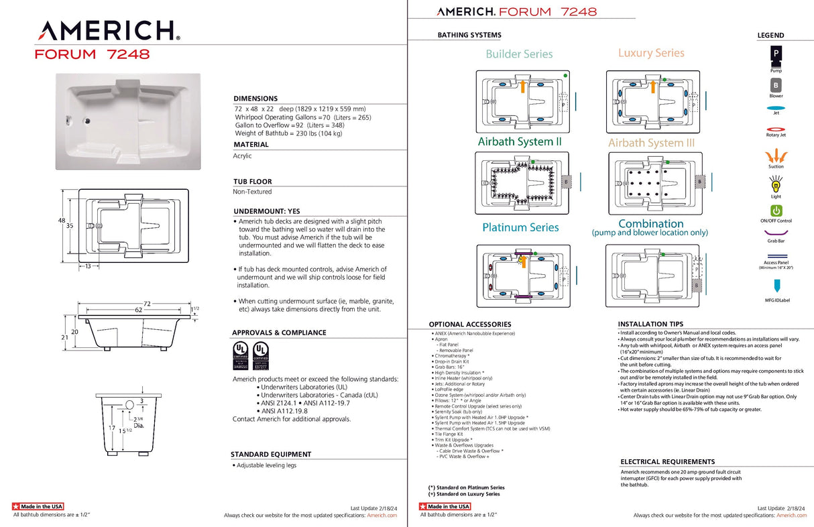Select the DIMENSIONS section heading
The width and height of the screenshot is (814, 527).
point(255,99)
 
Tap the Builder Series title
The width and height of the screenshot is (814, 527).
point(519,54)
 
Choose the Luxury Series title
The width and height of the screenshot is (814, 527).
point(651,53)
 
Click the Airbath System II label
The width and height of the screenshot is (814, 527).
point(520,142)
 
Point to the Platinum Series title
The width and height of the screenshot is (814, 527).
point(520,227)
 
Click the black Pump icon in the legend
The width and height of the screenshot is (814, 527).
point(776,54)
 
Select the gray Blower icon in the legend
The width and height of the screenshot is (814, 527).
point(776,85)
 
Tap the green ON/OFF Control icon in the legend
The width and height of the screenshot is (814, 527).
point(776,211)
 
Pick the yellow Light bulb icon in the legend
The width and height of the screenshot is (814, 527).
point(776,182)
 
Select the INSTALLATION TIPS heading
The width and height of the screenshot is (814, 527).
point(650,324)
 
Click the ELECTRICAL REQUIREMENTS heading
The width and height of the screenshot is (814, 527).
point(667,462)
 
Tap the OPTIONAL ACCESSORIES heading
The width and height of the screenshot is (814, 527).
point(469,325)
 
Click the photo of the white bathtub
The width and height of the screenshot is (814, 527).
point(127,121)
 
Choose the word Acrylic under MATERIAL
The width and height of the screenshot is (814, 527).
point(242,156)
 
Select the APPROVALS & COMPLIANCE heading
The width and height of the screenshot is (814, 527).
point(279,333)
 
